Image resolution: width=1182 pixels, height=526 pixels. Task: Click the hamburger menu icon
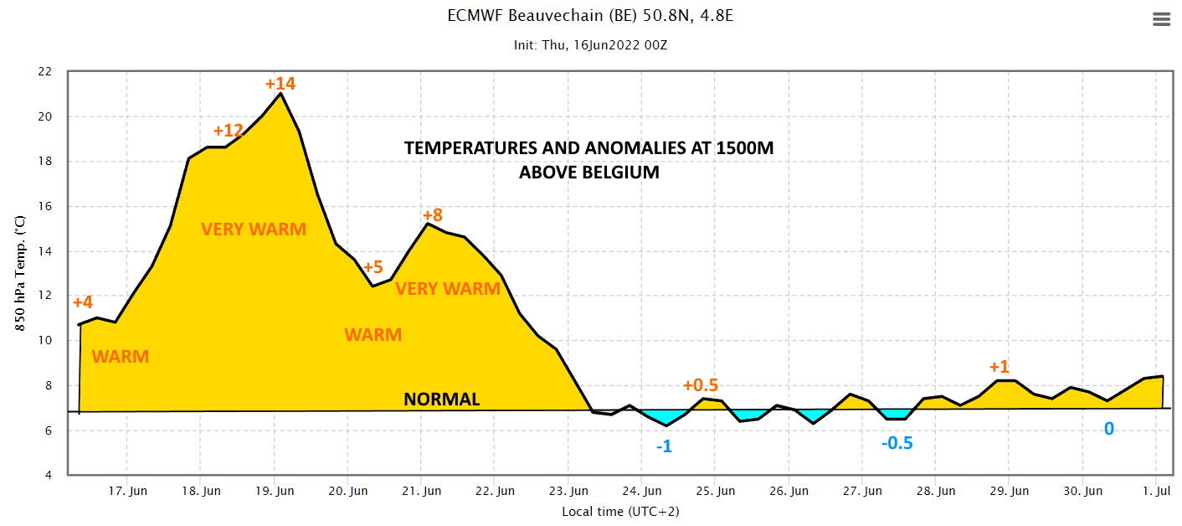click(x=1161, y=19)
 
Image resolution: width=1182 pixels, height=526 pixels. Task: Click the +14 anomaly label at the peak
click(x=280, y=84)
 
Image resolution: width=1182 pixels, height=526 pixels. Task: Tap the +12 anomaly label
click(x=228, y=130)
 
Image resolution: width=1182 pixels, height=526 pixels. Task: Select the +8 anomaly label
click(x=433, y=215)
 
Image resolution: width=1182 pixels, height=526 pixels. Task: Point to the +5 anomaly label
click(x=373, y=266)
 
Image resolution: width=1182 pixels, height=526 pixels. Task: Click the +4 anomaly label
click(x=82, y=302)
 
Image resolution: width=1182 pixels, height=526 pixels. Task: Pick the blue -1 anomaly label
click(x=664, y=446)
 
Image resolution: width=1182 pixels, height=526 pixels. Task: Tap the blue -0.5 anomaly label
click(x=897, y=442)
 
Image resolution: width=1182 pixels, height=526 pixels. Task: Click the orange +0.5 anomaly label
click(x=700, y=385)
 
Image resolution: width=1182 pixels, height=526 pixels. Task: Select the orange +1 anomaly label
click(x=999, y=367)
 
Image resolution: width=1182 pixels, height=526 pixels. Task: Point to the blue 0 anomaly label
click(x=1109, y=428)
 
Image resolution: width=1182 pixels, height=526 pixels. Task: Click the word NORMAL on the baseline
click(x=442, y=400)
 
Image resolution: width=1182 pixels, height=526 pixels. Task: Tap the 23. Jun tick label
click(x=568, y=491)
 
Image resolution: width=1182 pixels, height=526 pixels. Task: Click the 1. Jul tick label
click(x=1156, y=491)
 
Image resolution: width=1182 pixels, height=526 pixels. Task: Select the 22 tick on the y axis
click(x=45, y=71)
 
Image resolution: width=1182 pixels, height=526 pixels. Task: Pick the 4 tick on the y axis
click(x=49, y=475)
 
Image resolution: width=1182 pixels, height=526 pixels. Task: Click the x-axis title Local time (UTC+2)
click(x=620, y=512)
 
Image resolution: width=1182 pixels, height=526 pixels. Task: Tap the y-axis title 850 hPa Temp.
click(x=20, y=273)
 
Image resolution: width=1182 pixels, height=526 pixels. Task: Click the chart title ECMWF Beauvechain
click(x=590, y=16)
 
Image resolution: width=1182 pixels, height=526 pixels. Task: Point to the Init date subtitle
click(x=590, y=45)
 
